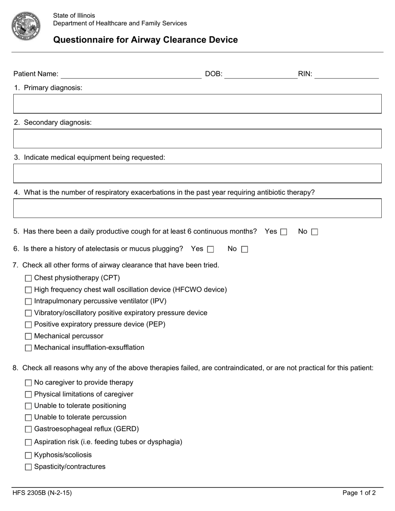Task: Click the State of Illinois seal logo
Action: tap(26, 26)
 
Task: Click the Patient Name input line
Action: tap(131, 74)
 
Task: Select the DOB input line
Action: tap(261, 74)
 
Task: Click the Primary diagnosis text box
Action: tap(197, 104)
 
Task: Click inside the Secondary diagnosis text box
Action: tap(197, 139)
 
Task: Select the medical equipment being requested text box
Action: tap(197, 174)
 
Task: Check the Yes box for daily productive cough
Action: tap(284, 232)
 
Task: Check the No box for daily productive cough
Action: tap(314, 232)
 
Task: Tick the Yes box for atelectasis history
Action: tap(210, 250)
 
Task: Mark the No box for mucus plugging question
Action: tap(244, 250)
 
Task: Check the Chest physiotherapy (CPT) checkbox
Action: tap(28, 278)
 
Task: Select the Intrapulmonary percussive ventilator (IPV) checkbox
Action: tap(28, 302)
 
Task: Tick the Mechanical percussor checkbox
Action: tap(28, 337)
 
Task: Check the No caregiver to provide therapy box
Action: tap(28, 383)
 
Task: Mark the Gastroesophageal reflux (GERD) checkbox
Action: tap(28, 429)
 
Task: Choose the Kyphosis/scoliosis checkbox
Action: tap(28, 455)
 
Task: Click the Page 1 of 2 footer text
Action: tap(359, 493)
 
